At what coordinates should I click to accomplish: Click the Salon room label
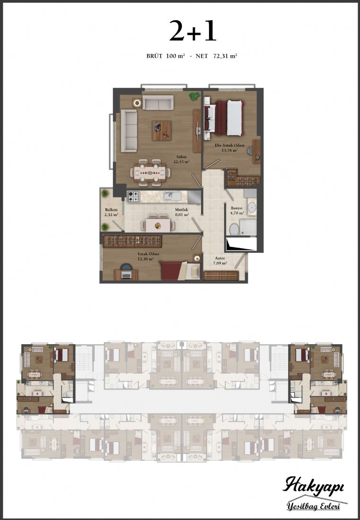point(181,157)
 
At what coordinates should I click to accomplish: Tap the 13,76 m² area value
point(229,150)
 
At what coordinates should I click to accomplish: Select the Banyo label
point(237,208)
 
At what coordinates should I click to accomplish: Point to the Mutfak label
point(182,209)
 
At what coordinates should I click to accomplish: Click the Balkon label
point(111,209)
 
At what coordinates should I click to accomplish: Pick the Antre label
point(220,258)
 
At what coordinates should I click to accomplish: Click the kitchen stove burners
point(134,196)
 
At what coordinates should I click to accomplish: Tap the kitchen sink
point(172,196)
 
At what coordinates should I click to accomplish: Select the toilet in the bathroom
point(235,229)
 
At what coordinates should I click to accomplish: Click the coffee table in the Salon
point(162,130)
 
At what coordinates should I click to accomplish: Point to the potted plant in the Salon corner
point(193,96)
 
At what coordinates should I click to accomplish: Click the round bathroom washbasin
point(252,207)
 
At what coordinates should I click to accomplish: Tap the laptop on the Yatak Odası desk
point(126,275)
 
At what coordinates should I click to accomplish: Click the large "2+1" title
point(193,31)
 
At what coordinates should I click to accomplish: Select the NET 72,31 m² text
point(216,56)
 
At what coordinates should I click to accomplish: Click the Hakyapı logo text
point(313,486)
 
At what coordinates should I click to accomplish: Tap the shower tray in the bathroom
point(247,227)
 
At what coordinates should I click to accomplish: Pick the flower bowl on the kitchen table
point(158,225)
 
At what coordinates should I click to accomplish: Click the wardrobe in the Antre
point(221,276)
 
